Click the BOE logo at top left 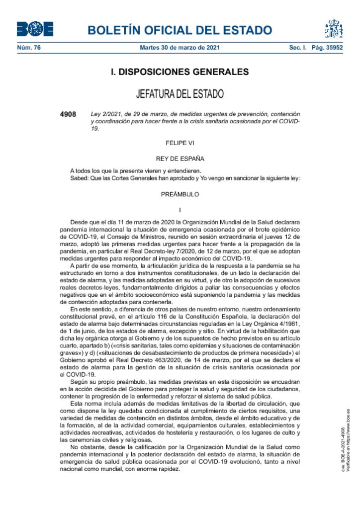point(35,29)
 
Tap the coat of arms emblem point(334,29)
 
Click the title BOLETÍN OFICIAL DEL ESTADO point(180,30)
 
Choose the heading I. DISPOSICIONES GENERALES point(180,72)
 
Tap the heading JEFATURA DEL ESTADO point(180,94)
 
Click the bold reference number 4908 point(68,114)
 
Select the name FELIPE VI point(180,143)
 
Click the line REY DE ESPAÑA point(180,159)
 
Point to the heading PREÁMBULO point(180,194)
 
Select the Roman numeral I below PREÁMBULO point(180,210)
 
